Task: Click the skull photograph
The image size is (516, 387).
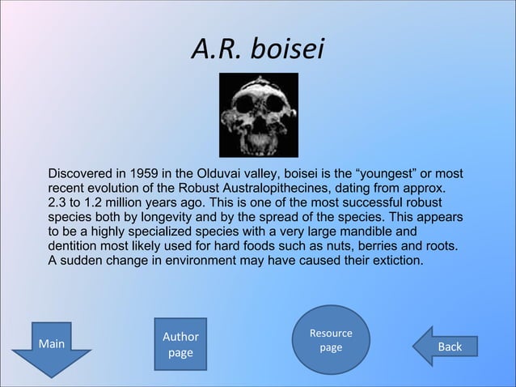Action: click(x=259, y=115)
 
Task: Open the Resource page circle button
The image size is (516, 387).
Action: click(x=330, y=340)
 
